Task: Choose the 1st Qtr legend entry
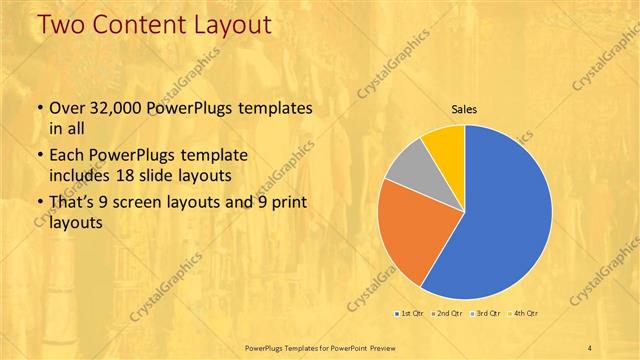tap(411, 314)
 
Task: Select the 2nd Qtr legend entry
tap(449, 314)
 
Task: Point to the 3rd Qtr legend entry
tap(487, 314)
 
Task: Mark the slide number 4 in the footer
tap(590, 346)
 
